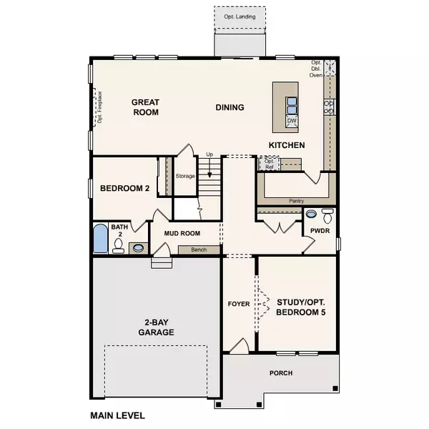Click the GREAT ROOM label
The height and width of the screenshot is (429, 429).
pyautogui.click(x=144, y=107)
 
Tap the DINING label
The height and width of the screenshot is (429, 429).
pyautogui.click(x=230, y=108)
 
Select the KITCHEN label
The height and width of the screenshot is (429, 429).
pyautogui.click(x=286, y=145)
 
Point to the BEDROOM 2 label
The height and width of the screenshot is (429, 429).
pyautogui.click(x=124, y=189)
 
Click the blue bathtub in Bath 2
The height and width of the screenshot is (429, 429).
pyautogui.click(x=100, y=239)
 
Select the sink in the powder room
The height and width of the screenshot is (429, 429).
pyautogui.click(x=311, y=213)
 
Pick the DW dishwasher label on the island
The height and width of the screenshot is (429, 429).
pyautogui.click(x=292, y=122)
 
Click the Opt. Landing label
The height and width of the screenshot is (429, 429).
pyautogui.click(x=239, y=16)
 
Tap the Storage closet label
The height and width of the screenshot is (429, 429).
pyautogui.click(x=185, y=175)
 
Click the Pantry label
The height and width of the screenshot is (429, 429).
pyautogui.click(x=296, y=202)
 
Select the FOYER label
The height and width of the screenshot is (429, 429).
pyautogui.click(x=239, y=304)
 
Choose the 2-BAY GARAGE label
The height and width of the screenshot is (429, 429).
pyautogui.click(x=157, y=327)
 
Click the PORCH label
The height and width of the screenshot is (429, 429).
pyautogui.click(x=280, y=373)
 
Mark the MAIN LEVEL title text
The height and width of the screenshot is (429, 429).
pyautogui.click(x=117, y=415)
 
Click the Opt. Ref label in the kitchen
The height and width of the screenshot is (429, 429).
pyautogui.click(x=270, y=163)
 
